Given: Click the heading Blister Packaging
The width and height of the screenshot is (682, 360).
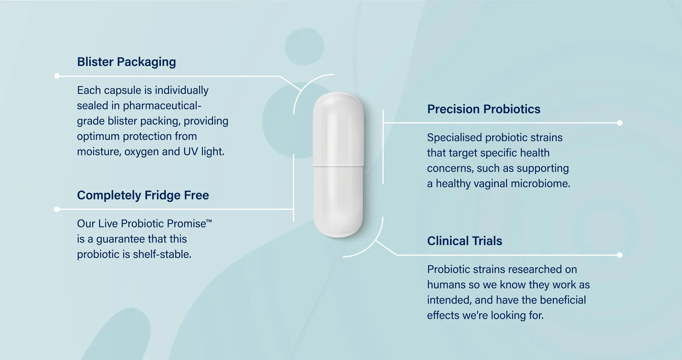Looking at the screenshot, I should coord(126,62).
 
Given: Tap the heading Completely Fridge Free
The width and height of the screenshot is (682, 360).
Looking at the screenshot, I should coord(143,195).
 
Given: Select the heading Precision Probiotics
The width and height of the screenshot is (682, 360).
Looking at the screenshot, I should coord(483,109).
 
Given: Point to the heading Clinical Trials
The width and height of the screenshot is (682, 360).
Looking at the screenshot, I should coord(464,241).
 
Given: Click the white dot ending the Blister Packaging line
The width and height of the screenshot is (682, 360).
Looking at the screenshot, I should coord(57,76).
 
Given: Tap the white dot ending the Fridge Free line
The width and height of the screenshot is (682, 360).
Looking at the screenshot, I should coord(57,209).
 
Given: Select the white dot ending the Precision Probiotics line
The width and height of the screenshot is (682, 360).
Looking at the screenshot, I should coord(620,123).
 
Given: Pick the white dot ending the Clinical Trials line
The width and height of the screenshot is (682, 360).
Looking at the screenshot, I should coord(620,255).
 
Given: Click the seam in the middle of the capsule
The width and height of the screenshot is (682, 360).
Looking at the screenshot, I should coord(338,166).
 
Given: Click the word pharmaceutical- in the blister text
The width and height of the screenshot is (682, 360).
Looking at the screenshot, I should coord(162,106).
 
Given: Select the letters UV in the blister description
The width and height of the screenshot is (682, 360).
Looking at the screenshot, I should coord(190,152).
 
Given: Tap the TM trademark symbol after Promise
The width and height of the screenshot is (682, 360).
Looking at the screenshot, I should coord(209,221).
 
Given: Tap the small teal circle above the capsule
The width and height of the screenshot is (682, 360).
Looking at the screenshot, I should coord(304,47).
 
